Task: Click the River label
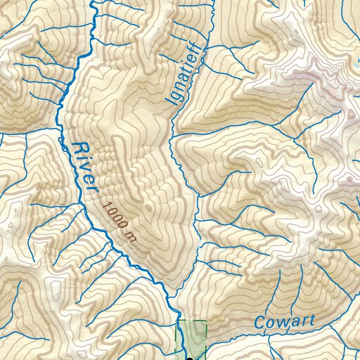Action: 82,168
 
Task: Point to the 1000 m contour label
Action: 117,221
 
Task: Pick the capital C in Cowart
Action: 259,323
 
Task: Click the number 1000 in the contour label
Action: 115,217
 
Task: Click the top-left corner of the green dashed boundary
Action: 177,321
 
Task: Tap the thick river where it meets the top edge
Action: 94,2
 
